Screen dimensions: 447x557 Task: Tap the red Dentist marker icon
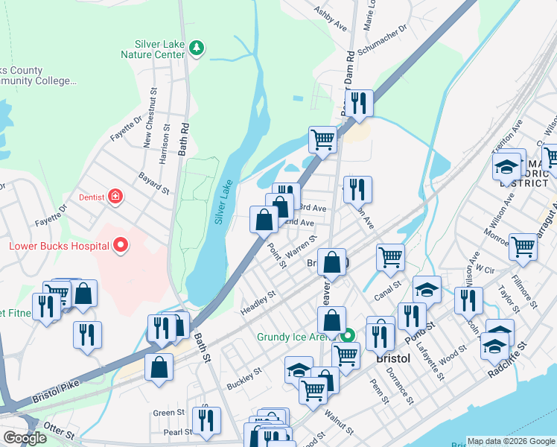(115, 197)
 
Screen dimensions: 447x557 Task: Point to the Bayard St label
(154, 183)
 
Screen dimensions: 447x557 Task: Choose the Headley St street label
(258, 302)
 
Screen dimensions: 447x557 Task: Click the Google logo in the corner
(25, 438)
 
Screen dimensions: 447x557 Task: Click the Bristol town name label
(393, 358)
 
